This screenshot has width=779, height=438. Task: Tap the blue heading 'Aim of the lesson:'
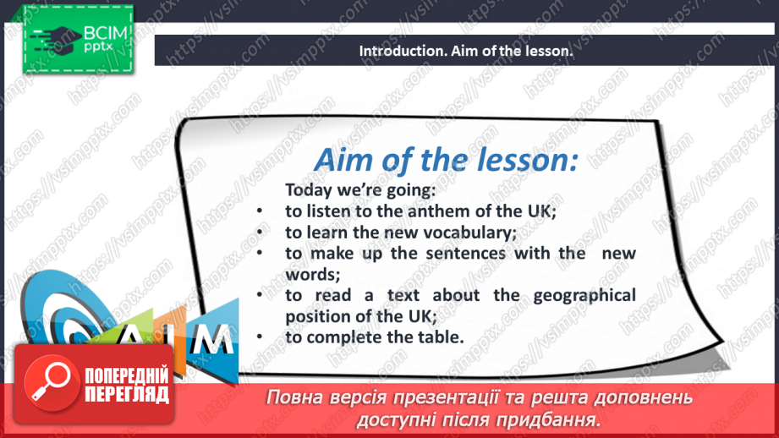point(447,160)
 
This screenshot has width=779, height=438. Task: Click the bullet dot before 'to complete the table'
point(260,337)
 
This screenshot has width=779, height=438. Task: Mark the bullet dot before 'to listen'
point(260,211)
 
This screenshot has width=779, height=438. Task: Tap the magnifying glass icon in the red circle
point(51,381)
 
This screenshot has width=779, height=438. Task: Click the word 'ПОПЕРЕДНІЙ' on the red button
point(127,375)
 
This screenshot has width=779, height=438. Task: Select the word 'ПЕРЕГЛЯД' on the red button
point(127,395)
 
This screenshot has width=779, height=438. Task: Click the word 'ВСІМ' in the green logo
point(106,33)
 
